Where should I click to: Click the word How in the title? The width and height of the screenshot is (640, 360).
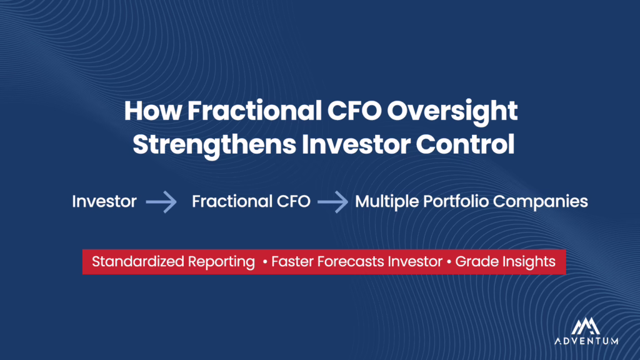point(152,111)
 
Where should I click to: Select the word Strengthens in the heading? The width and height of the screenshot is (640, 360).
point(214,146)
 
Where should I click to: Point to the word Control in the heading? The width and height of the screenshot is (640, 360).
point(465,144)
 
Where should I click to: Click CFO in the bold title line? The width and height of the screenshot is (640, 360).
point(354,111)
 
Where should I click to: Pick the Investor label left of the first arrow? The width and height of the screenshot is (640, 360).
point(104,201)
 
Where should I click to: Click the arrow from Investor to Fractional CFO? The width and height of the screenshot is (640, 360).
point(161,202)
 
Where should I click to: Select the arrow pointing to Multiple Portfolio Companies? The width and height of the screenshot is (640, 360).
point(332,202)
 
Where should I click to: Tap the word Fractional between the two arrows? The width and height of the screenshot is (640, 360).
point(231,201)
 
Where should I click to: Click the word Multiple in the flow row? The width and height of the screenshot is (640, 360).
point(387,202)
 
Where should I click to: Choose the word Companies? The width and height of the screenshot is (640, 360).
point(540,202)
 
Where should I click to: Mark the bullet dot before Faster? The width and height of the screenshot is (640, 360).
point(265,262)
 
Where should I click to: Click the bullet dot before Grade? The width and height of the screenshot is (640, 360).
point(449,262)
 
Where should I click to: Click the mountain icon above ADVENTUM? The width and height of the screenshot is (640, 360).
point(586,326)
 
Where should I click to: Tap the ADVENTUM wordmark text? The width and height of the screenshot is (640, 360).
point(586,341)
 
